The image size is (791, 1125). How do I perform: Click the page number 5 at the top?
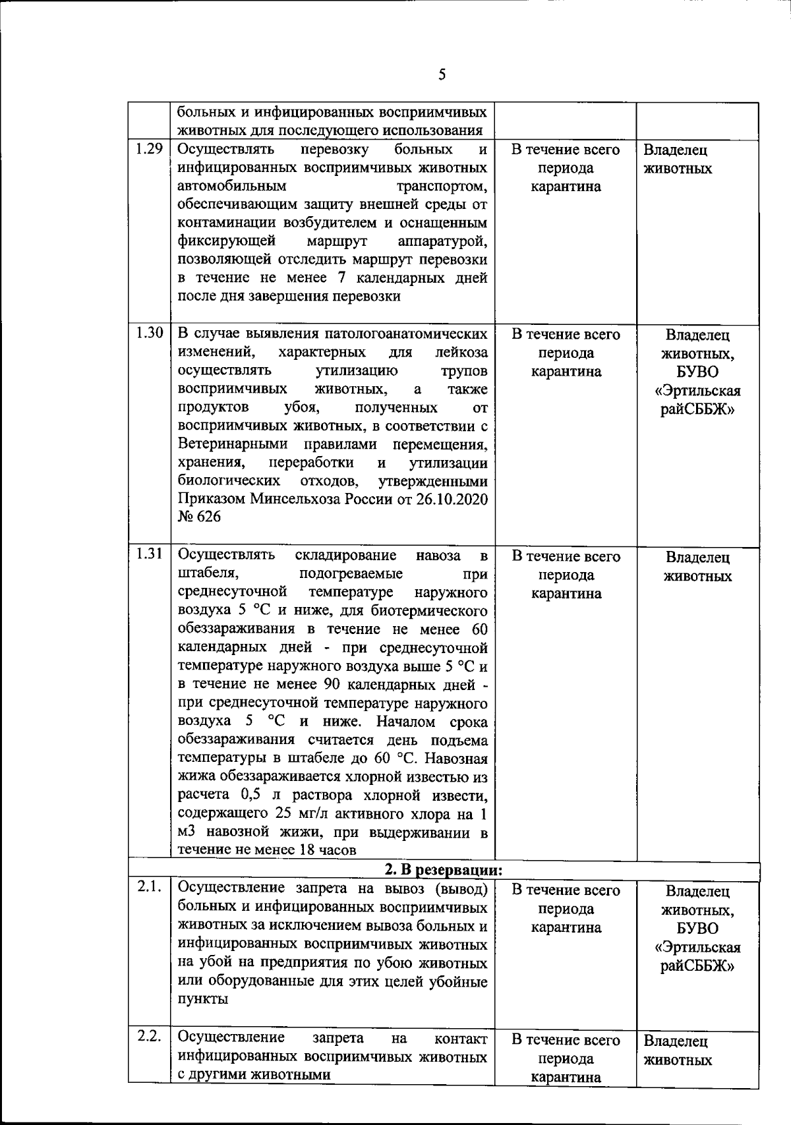point(442,74)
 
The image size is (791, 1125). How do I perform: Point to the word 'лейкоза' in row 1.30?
point(466,353)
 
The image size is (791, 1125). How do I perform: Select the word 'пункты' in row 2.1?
point(203,1000)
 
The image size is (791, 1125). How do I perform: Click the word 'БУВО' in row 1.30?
point(698,372)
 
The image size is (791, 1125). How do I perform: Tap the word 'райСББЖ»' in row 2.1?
point(698,966)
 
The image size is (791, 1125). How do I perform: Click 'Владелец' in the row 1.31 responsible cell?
point(698,558)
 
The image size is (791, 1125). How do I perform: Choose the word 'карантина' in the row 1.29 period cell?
point(566,187)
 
